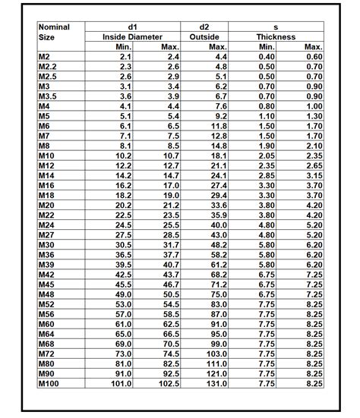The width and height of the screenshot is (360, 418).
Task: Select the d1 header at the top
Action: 134,27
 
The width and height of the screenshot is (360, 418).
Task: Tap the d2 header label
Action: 204,27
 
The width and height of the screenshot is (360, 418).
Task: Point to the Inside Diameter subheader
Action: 134,36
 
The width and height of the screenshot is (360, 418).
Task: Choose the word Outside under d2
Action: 204,36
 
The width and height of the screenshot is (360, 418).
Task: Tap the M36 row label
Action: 47,254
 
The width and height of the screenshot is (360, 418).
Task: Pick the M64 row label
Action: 47,333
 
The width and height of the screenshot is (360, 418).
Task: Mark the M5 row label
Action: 45,115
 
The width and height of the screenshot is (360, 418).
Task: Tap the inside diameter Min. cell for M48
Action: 122,294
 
